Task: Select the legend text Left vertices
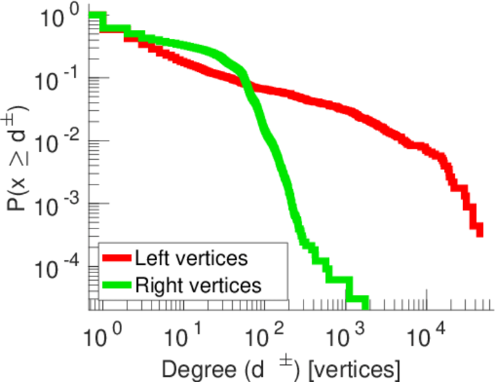[190, 258]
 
